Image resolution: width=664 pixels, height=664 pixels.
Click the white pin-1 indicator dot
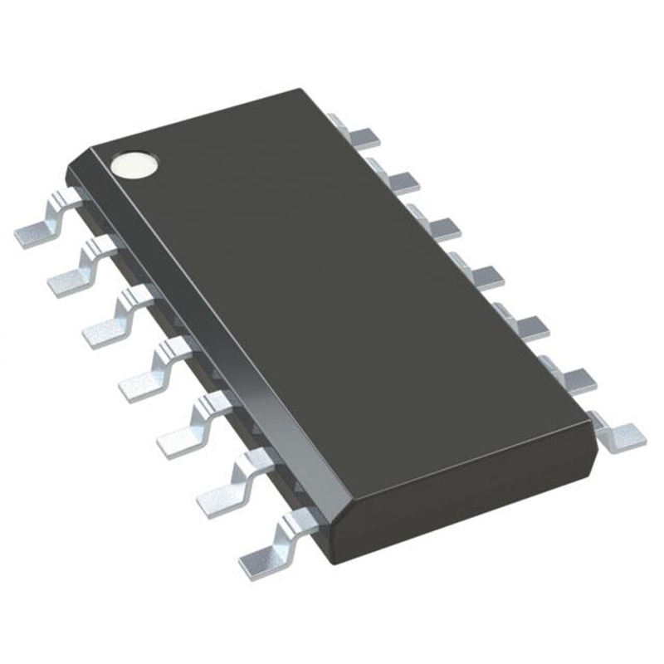pyautogui.click(x=135, y=164)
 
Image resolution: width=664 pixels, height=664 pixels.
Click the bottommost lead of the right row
pyautogui.click(x=619, y=432)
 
